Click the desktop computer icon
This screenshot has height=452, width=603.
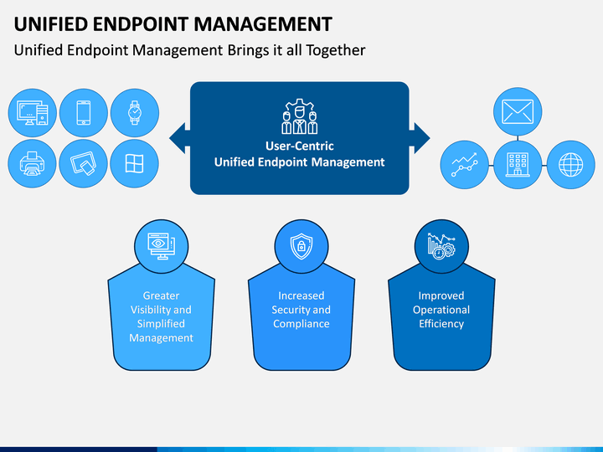pos(33,113)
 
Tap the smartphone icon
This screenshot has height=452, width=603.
pos(84,113)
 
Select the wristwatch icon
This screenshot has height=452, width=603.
pos(135,113)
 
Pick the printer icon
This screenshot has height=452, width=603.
pos(33,163)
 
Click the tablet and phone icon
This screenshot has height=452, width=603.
pos(83,163)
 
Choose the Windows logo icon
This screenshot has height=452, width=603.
pos(134,163)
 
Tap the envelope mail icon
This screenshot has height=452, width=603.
pos(518,112)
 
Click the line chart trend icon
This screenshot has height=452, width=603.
pos(465,165)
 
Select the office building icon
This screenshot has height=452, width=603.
pos(518,165)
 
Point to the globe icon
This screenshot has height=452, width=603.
pos(570,165)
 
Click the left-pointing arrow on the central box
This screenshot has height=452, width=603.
pos(179,138)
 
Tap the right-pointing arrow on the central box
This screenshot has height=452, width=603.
pos(420,138)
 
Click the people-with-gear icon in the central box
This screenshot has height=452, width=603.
pos(300,116)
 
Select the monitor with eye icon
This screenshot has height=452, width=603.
pos(162,246)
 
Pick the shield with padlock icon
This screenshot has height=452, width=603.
pos(301,246)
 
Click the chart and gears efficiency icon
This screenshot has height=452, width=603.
pos(441,246)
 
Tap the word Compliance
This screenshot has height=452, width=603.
pos(301,324)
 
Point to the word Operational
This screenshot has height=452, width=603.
pos(441,310)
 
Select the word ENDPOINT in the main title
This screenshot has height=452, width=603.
pos(140,23)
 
